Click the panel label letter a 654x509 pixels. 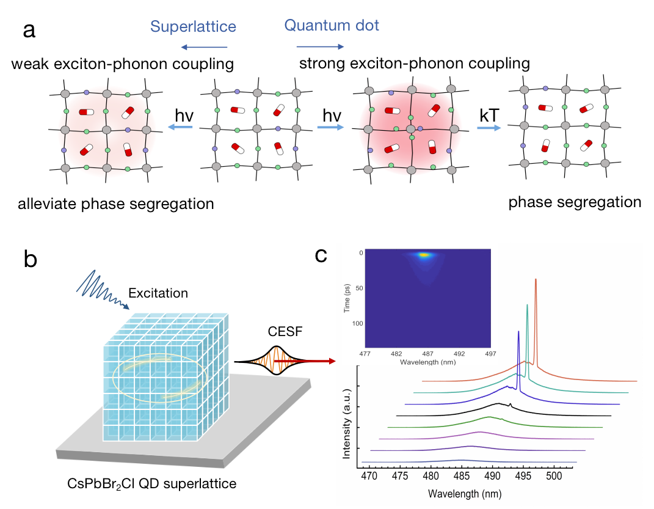29,29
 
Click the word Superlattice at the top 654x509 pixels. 193,26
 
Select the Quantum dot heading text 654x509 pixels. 332,25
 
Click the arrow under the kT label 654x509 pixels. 489,128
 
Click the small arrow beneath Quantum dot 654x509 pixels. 321,46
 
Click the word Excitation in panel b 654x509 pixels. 162,293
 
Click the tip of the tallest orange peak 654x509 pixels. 536,279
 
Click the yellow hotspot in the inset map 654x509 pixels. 425,255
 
